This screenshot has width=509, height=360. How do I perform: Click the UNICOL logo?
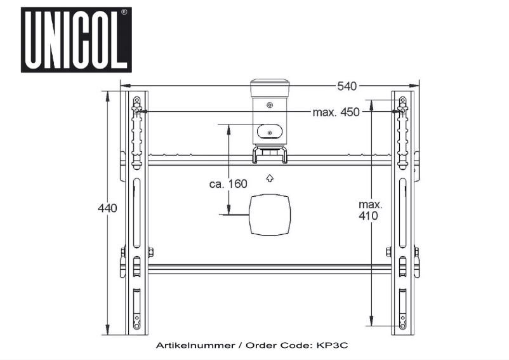tap(76, 39)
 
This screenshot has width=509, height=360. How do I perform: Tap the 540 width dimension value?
tap(347, 86)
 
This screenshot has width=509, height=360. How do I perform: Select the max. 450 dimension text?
tap(336, 112)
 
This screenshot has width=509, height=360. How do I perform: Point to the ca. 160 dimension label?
tap(228, 184)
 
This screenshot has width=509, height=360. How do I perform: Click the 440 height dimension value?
tap(107, 208)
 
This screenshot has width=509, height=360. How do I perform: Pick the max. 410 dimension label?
tap(371, 210)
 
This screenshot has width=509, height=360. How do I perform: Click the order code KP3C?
tap(332, 345)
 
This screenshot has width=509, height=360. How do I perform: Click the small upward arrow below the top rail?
tap(270, 178)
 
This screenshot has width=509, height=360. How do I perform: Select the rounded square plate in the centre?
tap(270, 215)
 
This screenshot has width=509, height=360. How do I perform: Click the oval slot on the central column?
tap(270, 131)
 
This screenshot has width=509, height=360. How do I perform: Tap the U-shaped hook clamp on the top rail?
tap(270, 155)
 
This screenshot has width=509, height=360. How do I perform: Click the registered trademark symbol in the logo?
tap(124, 12)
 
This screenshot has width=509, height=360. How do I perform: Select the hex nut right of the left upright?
tap(150, 252)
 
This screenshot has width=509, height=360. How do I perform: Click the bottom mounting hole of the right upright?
tap(403, 325)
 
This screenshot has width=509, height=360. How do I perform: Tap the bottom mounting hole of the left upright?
tap(136, 325)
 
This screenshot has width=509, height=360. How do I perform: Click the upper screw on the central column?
tap(270, 105)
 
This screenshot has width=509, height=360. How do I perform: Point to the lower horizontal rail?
tap(270, 269)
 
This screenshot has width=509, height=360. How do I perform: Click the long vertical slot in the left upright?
tap(136, 213)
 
